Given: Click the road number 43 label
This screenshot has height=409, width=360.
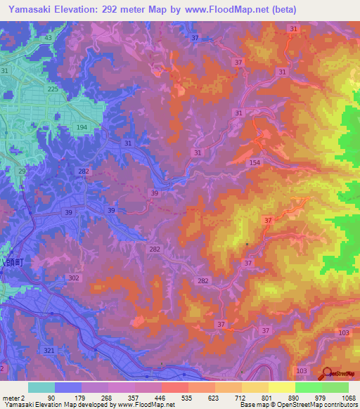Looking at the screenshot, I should (x=49, y=37).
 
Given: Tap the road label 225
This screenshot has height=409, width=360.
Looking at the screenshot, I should (x=52, y=89).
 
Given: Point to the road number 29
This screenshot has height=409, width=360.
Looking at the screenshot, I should (x=22, y=171).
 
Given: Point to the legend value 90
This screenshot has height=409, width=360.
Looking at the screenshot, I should (x=51, y=397).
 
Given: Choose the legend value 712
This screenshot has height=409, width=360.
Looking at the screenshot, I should (x=240, y=397).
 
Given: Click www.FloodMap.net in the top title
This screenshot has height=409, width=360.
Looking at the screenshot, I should (x=227, y=9).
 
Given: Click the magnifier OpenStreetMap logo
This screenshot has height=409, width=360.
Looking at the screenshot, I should (x=326, y=375).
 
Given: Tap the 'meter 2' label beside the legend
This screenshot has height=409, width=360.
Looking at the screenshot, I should (x=13, y=397).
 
